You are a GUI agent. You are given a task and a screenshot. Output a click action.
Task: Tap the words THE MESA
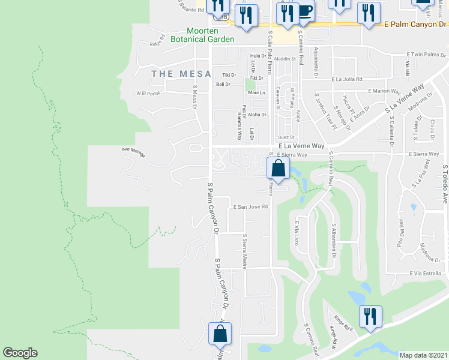pyautogui.click(x=181, y=74)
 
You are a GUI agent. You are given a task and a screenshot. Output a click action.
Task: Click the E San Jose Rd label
pyautogui.click(x=250, y=206)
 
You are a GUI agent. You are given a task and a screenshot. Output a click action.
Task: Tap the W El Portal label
pyautogui.click(x=149, y=93)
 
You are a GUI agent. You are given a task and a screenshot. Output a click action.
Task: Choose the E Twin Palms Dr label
pyautogui.click(x=424, y=54)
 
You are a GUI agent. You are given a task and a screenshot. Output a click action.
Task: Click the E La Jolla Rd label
pyautogui.click(x=347, y=79)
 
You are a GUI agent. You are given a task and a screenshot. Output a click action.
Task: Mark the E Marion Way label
pyautogui.click(x=384, y=91)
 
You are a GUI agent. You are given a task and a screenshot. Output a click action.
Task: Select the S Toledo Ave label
pyautogui.click(x=445, y=185)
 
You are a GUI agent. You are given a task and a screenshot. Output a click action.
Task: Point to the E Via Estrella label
pyautogui.click(x=426, y=273)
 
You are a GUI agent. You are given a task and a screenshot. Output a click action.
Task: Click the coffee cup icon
pyautogui.click(x=304, y=12)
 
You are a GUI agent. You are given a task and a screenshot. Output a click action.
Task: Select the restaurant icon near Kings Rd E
pyautogui.click(x=370, y=316)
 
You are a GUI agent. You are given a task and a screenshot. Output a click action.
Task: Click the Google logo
pyautogui.click(x=20, y=353)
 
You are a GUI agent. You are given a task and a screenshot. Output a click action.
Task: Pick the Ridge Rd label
pyautogui.click(x=157, y=43)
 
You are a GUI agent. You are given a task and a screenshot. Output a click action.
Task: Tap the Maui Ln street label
pyautogui.click(x=256, y=93)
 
